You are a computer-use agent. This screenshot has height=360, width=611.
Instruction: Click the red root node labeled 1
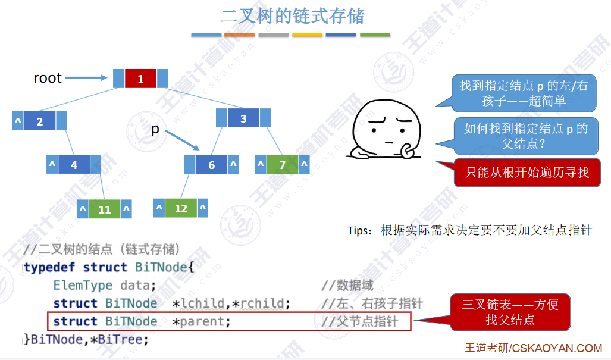tap(140, 79)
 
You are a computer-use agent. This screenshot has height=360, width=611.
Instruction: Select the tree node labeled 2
tap(40, 121)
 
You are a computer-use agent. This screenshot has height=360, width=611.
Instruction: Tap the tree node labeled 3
tap(243, 118)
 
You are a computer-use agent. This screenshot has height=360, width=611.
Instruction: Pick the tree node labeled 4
tap(74, 164)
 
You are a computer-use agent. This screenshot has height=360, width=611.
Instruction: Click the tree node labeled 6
tap(211, 165)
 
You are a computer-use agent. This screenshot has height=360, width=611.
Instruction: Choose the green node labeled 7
tap(283, 165)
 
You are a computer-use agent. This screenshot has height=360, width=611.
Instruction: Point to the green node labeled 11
tap(105, 209)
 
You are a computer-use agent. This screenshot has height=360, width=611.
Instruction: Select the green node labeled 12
tap(181, 208)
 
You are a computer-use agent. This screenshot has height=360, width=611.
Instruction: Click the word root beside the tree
tap(48, 78)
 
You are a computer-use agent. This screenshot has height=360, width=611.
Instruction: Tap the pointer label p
tap(155, 129)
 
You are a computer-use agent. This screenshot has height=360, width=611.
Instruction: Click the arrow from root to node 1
tap(86, 78)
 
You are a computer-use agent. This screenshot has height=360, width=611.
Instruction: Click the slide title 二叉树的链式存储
tap(292, 16)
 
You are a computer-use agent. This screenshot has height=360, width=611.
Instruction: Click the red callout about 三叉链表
tap(510, 312)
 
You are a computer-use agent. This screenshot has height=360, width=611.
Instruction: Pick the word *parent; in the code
tap(201, 321)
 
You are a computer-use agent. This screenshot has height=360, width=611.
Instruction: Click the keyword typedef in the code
tap(51, 267)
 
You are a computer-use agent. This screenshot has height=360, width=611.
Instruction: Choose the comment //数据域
tap(347, 285)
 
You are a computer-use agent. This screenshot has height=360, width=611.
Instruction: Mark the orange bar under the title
tap(240, 35)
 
